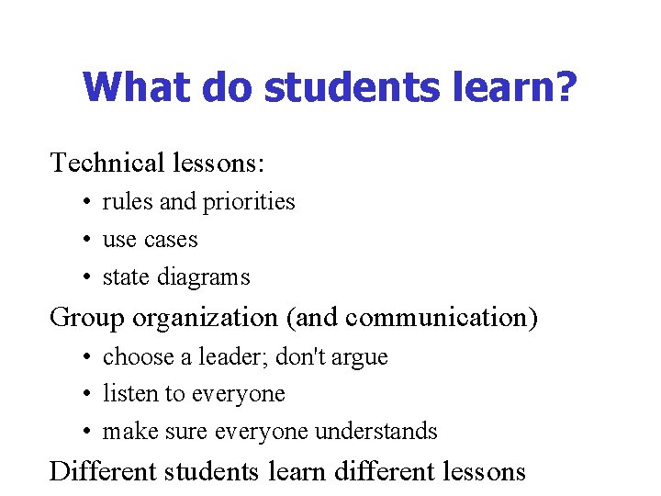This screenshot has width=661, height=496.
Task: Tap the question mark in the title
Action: [567, 87]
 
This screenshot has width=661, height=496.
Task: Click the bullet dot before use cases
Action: [84, 240]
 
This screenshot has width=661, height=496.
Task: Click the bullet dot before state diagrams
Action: [84, 277]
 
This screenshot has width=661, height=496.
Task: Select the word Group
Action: [87, 318]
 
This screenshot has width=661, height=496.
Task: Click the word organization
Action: [204, 318]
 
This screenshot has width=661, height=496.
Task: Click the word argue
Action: [360, 357]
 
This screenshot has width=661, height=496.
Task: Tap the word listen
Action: [129, 393]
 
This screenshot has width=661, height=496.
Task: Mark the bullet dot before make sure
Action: [84, 432]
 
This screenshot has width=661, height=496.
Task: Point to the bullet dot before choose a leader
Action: [84, 357]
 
